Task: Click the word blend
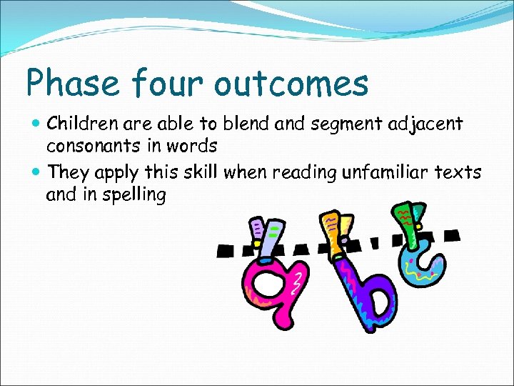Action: (243, 124)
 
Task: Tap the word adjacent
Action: (426, 125)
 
